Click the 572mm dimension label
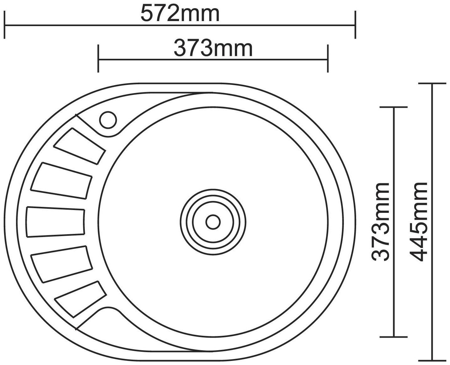click(180, 14)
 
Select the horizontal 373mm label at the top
click(213, 48)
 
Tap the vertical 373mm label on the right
click(381, 222)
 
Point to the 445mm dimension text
click(419, 222)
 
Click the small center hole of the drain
click(213, 222)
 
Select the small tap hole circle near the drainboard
click(108, 120)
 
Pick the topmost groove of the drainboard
click(80, 146)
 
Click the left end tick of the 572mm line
click(4, 25)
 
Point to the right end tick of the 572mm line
click(355, 25)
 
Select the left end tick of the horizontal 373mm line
click(98, 59)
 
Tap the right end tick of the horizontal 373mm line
click(328, 59)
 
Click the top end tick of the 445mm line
click(432, 84)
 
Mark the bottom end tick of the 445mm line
click(432, 360)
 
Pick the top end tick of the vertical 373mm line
click(393, 107)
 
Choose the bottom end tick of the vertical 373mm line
click(393, 337)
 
